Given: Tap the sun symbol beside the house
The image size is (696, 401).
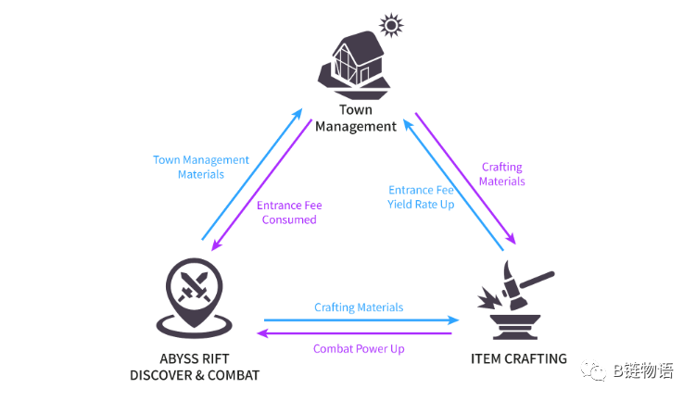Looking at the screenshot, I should point(392,25).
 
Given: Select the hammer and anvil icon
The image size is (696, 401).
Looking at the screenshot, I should point(513,300).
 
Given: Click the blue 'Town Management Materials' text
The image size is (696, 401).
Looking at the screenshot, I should point(201,167).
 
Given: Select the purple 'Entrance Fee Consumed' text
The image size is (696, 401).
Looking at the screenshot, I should point(289,212).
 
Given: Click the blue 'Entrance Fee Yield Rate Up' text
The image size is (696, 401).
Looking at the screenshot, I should point(421,196).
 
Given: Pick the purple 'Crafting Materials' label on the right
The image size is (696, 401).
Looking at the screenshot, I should point(501,174).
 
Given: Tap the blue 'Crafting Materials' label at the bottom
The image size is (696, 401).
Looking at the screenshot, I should point(359,307).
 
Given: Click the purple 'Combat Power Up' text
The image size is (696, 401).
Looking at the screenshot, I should point(358,348).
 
